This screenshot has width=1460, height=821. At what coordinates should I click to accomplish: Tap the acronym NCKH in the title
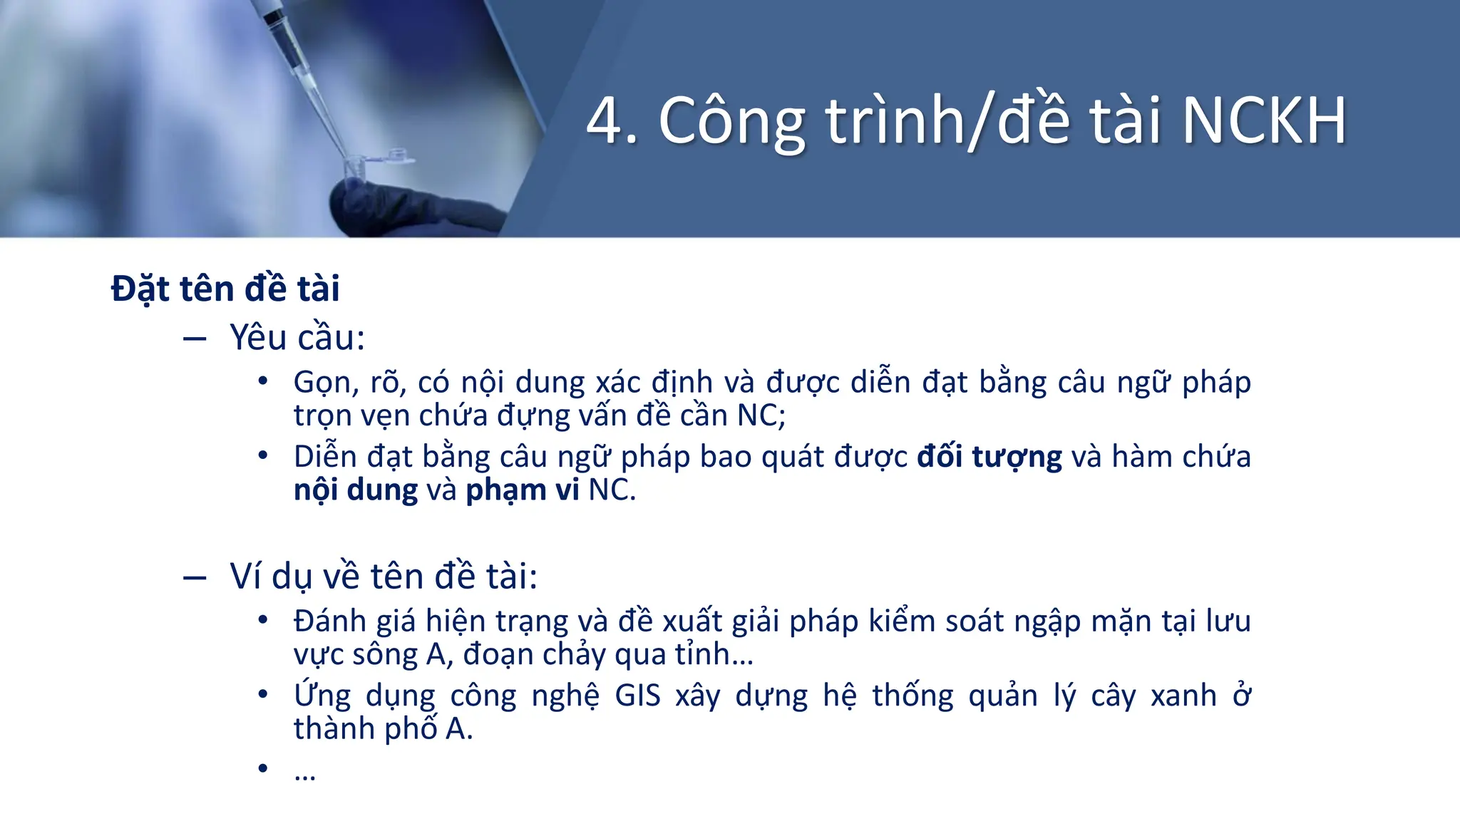(x=1264, y=121)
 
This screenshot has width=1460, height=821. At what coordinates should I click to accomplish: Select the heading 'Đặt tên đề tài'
(x=225, y=289)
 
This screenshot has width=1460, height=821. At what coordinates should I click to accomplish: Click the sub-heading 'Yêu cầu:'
(x=297, y=337)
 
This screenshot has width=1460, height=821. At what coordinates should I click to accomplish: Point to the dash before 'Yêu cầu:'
(x=194, y=339)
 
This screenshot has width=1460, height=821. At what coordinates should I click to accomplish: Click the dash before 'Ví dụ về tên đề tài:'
(x=194, y=577)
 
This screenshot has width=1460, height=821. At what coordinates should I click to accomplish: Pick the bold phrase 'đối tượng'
(x=989, y=457)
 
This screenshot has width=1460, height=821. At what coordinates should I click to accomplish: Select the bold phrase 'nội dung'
(x=356, y=490)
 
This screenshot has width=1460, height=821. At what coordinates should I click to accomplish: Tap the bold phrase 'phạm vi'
(x=522, y=490)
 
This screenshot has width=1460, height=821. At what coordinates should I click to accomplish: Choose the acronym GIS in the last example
(x=638, y=696)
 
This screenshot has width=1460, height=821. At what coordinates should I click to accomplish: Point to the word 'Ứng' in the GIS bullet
(x=322, y=694)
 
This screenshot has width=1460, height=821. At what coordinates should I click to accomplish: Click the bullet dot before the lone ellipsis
(x=263, y=768)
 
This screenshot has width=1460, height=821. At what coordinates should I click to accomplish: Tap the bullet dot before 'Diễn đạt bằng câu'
(x=263, y=455)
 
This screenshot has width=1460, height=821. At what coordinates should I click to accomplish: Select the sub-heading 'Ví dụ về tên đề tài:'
(x=384, y=576)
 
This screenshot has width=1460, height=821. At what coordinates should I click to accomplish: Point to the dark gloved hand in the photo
(x=413, y=207)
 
